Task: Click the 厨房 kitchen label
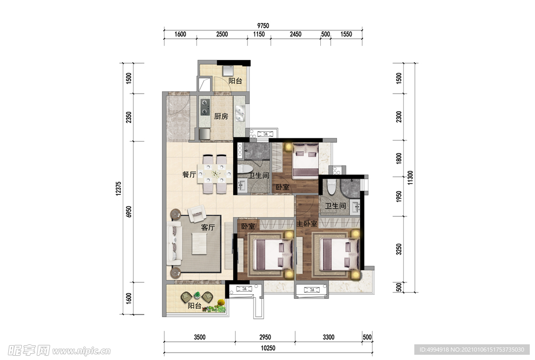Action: (x=221, y=117)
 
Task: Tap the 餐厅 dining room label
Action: (x=189, y=175)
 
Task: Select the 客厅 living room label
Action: (x=208, y=227)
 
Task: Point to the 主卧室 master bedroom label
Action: (x=307, y=224)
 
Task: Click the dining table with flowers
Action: (x=215, y=175)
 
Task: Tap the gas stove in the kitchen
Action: (x=205, y=107)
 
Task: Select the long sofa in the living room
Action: (x=174, y=243)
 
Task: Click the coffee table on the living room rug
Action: (x=199, y=243)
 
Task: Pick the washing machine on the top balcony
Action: (x=228, y=71)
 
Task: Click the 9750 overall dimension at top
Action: (x=263, y=26)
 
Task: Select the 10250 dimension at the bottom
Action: (x=268, y=348)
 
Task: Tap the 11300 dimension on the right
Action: (x=410, y=178)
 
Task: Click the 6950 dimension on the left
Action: (x=129, y=212)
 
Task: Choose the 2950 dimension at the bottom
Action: (x=265, y=337)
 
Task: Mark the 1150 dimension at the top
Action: (x=259, y=34)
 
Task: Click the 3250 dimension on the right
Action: (x=399, y=249)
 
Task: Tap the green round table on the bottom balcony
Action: (x=197, y=295)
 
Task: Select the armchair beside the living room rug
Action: (x=196, y=214)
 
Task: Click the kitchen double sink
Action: (x=240, y=113)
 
